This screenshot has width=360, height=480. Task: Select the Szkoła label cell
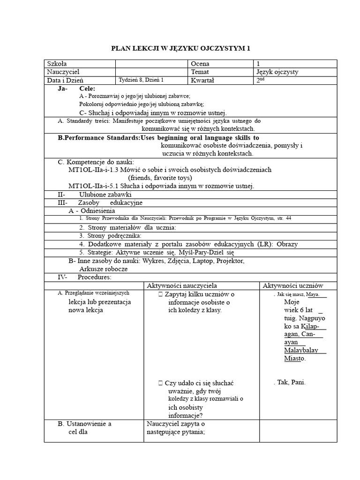click(57, 64)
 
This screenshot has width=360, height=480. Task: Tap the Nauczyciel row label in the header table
click(63, 72)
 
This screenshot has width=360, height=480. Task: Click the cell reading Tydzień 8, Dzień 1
click(142, 80)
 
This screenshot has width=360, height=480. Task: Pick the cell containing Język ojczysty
click(277, 72)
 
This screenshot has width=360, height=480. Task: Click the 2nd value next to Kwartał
click(260, 80)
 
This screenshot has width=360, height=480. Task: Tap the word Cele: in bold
click(88, 89)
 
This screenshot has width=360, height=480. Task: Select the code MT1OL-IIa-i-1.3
click(93, 169)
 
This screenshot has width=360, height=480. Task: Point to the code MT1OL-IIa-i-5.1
click(93, 186)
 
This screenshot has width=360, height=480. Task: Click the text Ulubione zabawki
click(105, 194)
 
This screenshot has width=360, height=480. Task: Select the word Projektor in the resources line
click(229, 261)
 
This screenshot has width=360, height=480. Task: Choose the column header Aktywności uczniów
click(292, 285)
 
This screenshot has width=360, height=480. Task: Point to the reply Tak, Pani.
click(291, 382)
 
